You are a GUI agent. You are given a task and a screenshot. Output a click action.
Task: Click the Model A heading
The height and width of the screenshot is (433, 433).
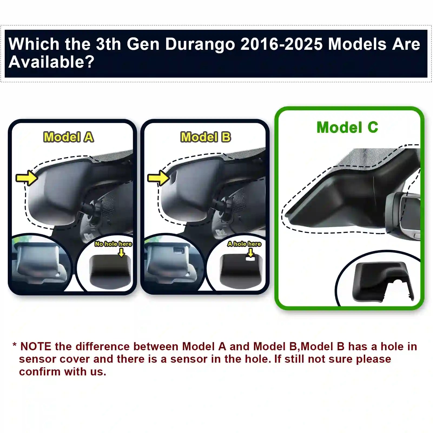[x=69, y=137]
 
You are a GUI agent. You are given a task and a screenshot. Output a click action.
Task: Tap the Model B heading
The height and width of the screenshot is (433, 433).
[x=206, y=137]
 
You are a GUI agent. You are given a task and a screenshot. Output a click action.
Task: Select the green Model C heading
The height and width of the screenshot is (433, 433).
[x=347, y=127]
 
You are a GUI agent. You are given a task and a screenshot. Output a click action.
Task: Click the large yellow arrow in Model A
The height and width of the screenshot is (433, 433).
[x=27, y=178]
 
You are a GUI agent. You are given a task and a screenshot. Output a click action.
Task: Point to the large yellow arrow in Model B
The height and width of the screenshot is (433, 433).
[x=158, y=178]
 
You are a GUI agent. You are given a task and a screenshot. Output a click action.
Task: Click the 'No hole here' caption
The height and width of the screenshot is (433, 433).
[x=113, y=244]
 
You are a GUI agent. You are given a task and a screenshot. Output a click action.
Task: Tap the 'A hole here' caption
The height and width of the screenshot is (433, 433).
[x=244, y=244]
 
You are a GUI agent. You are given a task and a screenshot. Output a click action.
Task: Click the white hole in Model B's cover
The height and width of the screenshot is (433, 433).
[x=250, y=259]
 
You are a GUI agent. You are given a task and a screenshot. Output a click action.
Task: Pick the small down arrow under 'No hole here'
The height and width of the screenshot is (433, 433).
[x=121, y=253]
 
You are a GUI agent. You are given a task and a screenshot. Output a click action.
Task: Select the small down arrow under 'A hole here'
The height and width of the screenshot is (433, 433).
[x=251, y=253]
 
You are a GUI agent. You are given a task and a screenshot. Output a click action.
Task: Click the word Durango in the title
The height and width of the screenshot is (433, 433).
[x=200, y=44]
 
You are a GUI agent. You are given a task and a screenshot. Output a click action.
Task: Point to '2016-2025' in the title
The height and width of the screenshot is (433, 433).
[x=282, y=44]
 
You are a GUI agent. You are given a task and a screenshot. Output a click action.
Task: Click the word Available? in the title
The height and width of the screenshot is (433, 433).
[x=51, y=62]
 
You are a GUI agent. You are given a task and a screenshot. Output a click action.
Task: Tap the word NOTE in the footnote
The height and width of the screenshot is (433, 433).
[x=36, y=346]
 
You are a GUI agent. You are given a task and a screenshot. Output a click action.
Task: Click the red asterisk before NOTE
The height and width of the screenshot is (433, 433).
[x=15, y=345]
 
